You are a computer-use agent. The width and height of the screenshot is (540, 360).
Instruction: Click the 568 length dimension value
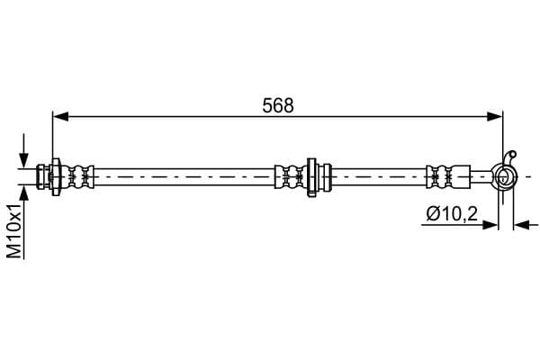[278, 105]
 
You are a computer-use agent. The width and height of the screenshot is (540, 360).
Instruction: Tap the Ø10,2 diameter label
[452, 214]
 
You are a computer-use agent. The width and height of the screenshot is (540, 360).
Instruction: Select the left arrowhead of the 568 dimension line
[60, 116]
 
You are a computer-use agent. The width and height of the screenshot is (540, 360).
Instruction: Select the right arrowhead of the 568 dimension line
[495, 116]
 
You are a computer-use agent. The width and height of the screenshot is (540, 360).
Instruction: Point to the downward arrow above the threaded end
[23, 151]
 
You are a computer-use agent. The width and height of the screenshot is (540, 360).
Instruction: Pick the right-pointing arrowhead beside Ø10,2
[490, 225]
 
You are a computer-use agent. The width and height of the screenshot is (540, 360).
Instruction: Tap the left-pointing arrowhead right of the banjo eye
[521, 225]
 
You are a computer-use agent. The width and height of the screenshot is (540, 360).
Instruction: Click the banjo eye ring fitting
[505, 176]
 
